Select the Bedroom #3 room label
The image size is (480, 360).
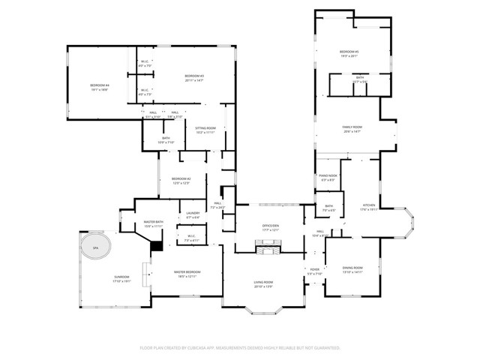point(194,77)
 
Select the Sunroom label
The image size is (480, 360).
point(121,279)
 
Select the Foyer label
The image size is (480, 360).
point(314,271)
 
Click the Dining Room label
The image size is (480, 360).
point(352,269)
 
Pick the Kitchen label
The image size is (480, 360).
point(369,206)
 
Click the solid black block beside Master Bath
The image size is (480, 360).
point(156,244)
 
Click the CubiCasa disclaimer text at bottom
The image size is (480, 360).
point(240,348)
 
